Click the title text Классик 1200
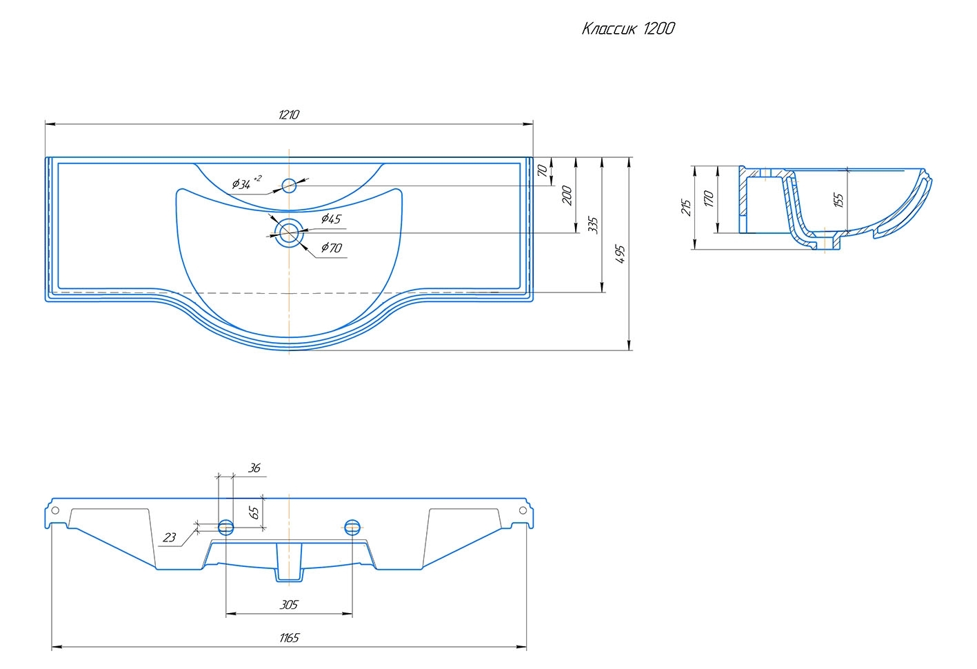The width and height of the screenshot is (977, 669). click(627, 29)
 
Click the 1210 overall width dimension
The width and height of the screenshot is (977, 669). click(289, 115)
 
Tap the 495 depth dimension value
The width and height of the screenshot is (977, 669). click(620, 253)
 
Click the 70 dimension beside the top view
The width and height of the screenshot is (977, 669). click(543, 171)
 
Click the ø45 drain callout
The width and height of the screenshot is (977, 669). click(331, 219)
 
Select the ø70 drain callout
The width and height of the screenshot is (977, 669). click(331, 248)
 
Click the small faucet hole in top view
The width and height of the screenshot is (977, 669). click(289, 185)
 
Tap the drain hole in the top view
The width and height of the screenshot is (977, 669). click(289, 232)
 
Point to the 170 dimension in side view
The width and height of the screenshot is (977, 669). click(708, 199)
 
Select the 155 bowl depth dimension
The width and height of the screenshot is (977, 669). click(838, 200)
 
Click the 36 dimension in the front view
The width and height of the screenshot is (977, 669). click(254, 468)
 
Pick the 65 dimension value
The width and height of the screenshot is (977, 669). click(254, 512)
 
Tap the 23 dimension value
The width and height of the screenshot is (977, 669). click(170, 538)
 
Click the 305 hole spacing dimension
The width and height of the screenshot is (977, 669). click(289, 605)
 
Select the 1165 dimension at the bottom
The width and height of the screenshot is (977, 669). click(289, 638)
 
